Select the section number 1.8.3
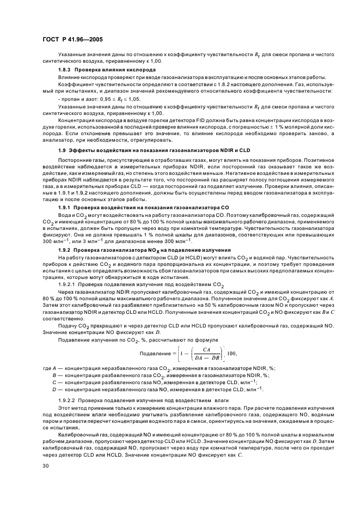click(67, 70)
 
